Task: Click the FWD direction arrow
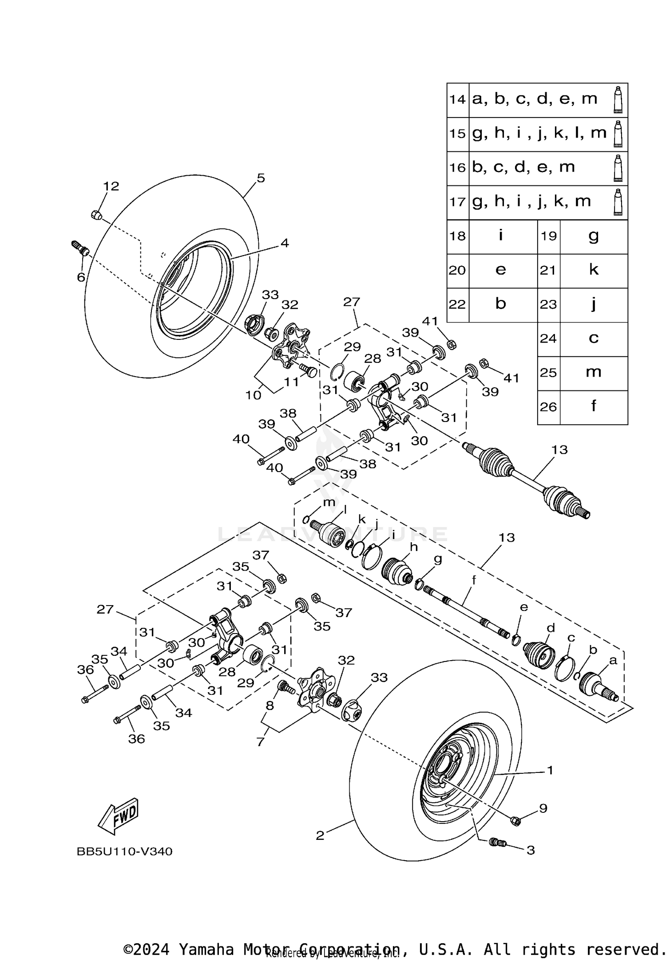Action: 118,815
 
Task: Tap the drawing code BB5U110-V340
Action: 124,851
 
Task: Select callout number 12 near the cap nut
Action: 111,186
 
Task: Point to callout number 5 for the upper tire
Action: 261,178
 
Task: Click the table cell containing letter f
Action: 593,406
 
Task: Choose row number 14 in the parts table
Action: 457,99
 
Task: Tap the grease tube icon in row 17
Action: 618,202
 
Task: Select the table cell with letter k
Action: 593,270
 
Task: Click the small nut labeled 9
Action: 515,821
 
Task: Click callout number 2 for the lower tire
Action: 320,836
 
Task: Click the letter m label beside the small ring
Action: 329,502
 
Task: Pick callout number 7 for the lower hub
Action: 261,741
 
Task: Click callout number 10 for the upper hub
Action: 254,395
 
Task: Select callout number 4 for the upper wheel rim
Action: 284,243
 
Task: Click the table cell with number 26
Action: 548,406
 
